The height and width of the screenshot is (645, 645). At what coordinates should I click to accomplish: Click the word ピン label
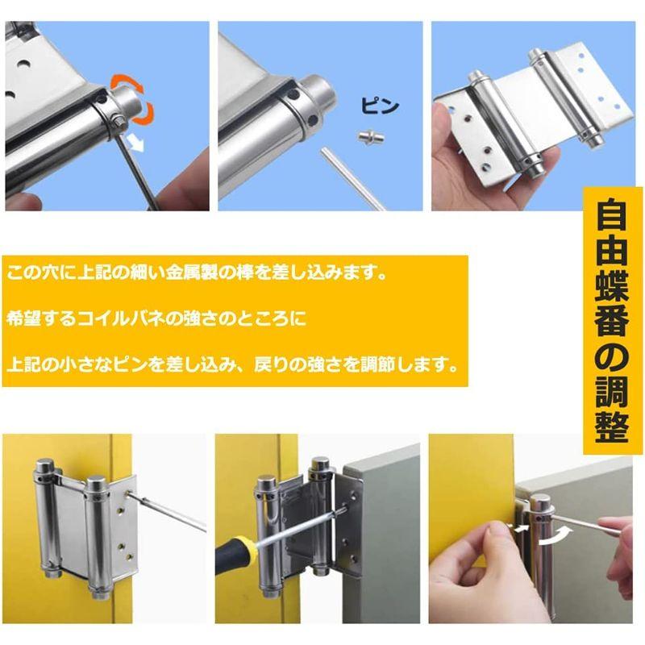(380, 106)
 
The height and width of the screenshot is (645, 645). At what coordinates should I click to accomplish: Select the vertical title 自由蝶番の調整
(612, 320)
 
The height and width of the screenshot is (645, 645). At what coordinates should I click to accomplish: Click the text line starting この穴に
(197, 273)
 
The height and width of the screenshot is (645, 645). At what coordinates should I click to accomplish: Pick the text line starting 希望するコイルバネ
(156, 318)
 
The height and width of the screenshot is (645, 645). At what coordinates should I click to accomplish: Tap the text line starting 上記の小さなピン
(233, 364)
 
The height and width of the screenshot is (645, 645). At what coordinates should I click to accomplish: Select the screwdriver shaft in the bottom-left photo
(167, 512)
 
